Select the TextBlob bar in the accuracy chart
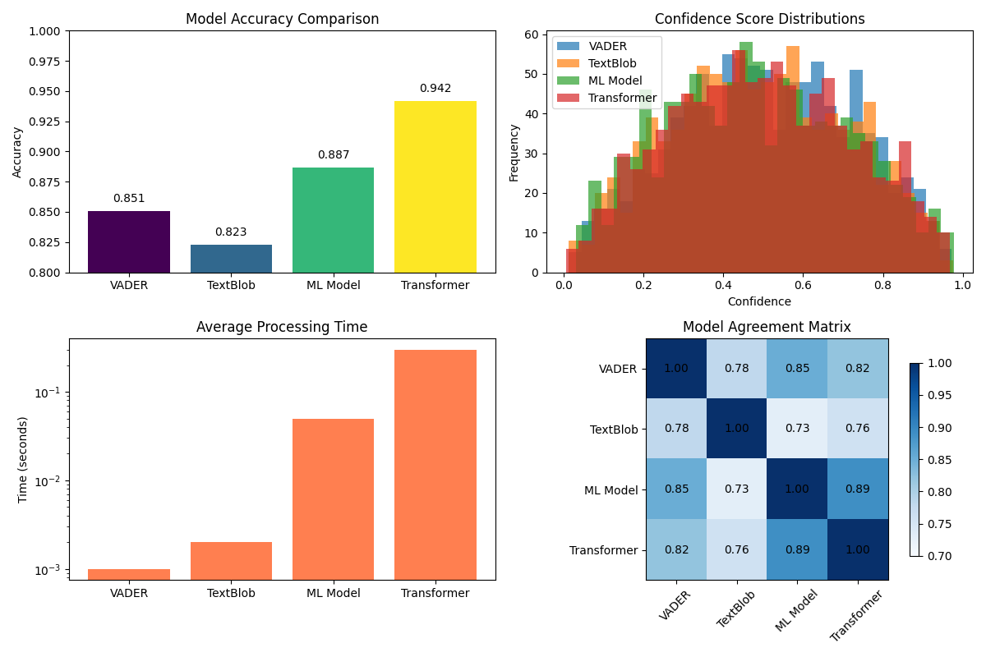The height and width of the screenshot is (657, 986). tap(231, 258)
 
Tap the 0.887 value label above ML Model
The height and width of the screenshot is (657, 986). tap(333, 155)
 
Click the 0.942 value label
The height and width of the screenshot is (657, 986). tap(435, 89)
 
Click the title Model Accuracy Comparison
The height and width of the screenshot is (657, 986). tap(282, 19)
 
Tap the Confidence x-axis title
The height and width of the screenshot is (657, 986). tap(758, 301)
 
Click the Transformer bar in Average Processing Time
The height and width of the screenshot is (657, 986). tap(435, 464)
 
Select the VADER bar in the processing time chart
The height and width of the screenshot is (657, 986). tap(129, 574)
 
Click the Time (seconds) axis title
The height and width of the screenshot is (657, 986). tap(23, 460)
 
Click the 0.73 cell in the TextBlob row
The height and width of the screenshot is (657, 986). tap(796, 429)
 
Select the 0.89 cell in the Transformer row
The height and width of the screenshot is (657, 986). tap(796, 549)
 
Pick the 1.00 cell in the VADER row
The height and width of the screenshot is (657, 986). tap(675, 369)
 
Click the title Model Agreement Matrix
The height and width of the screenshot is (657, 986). tap(766, 327)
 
